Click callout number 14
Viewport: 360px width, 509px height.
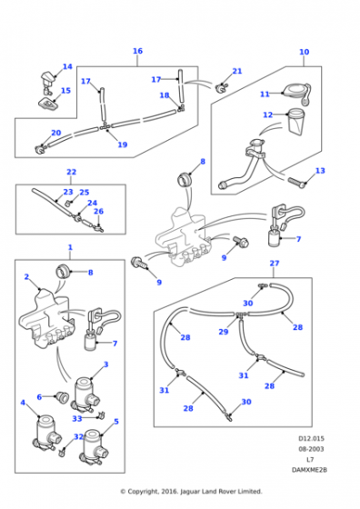[67, 66]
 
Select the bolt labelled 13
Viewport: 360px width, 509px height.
[297, 183]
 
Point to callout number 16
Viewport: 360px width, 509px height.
[137, 51]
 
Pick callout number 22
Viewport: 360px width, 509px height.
[72, 172]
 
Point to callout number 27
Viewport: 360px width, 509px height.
[275, 263]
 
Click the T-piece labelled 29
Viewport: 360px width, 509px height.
[240, 314]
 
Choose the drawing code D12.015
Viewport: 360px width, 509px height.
[311, 438]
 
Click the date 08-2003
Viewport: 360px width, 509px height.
[311, 449]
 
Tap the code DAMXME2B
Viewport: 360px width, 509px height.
[309, 470]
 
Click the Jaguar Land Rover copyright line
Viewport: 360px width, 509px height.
[191, 492]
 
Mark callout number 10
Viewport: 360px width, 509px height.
[305, 52]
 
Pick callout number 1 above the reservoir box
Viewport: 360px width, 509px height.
[70, 247]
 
